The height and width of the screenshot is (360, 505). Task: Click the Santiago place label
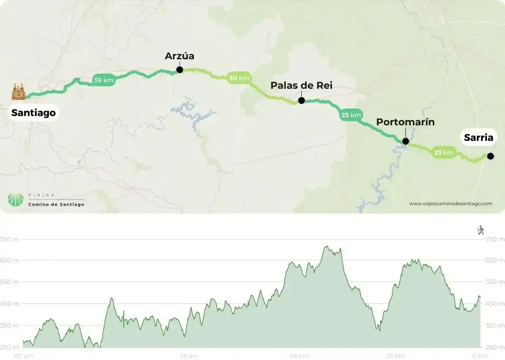(x=33, y=113)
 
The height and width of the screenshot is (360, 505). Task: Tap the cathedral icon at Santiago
(x=19, y=91)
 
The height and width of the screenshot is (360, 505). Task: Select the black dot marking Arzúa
(x=180, y=70)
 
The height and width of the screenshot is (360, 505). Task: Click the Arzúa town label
(x=180, y=56)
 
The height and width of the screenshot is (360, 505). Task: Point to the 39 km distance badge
(x=104, y=80)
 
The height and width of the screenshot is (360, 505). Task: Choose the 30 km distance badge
(x=239, y=78)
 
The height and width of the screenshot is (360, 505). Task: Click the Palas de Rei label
(x=301, y=86)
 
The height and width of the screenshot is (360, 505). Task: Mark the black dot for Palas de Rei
(x=301, y=101)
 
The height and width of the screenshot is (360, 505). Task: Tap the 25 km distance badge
(x=351, y=115)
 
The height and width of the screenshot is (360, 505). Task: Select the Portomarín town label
(x=405, y=122)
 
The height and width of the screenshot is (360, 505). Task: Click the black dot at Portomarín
(x=405, y=141)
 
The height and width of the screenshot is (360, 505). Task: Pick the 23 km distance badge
(x=444, y=153)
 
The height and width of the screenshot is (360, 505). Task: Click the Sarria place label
(x=478, y=138)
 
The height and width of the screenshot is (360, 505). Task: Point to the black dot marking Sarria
(x=490, y=156)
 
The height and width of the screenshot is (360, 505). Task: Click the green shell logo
(x=16, y=200)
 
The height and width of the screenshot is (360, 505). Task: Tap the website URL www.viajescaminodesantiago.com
(x=450, y=204)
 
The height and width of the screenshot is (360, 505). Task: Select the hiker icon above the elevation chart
(x=481, y=230)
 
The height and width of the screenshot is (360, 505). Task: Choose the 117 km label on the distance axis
(x=23, y=356)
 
